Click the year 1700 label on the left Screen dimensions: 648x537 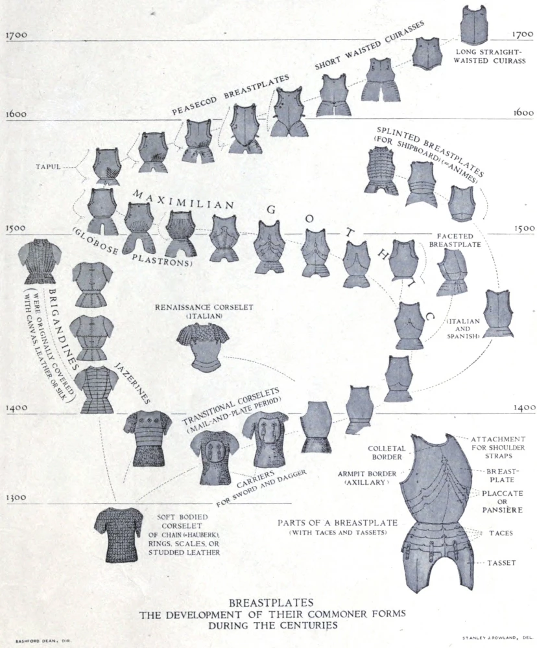[16, 34]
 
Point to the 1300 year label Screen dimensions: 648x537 [16, 497]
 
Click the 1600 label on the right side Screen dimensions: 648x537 [522, 112]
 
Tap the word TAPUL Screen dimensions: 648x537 [48, 167]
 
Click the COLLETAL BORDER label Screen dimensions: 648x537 [386, 452]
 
